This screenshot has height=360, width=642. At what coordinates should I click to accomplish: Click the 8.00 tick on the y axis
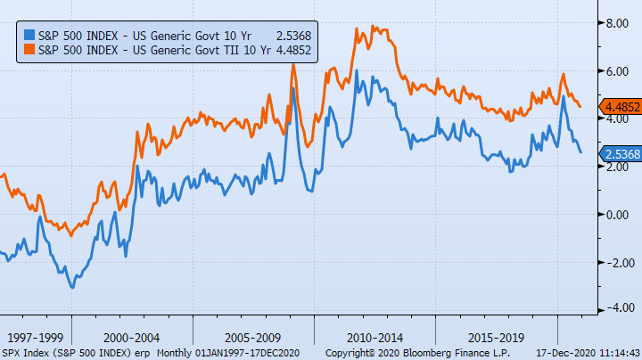click(x=619, y=23)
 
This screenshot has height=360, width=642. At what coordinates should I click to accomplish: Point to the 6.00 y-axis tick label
click(x=619, y=71)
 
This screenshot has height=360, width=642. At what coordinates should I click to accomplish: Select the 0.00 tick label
click(x=619, y=214)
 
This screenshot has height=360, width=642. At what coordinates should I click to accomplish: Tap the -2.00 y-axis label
click(x=617, y=262)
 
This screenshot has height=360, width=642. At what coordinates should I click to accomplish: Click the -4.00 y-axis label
click(x=617, y=309)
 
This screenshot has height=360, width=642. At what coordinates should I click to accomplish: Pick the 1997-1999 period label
click(x=35, y=339)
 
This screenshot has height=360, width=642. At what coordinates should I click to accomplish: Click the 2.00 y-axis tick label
click(x=619, y=167)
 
